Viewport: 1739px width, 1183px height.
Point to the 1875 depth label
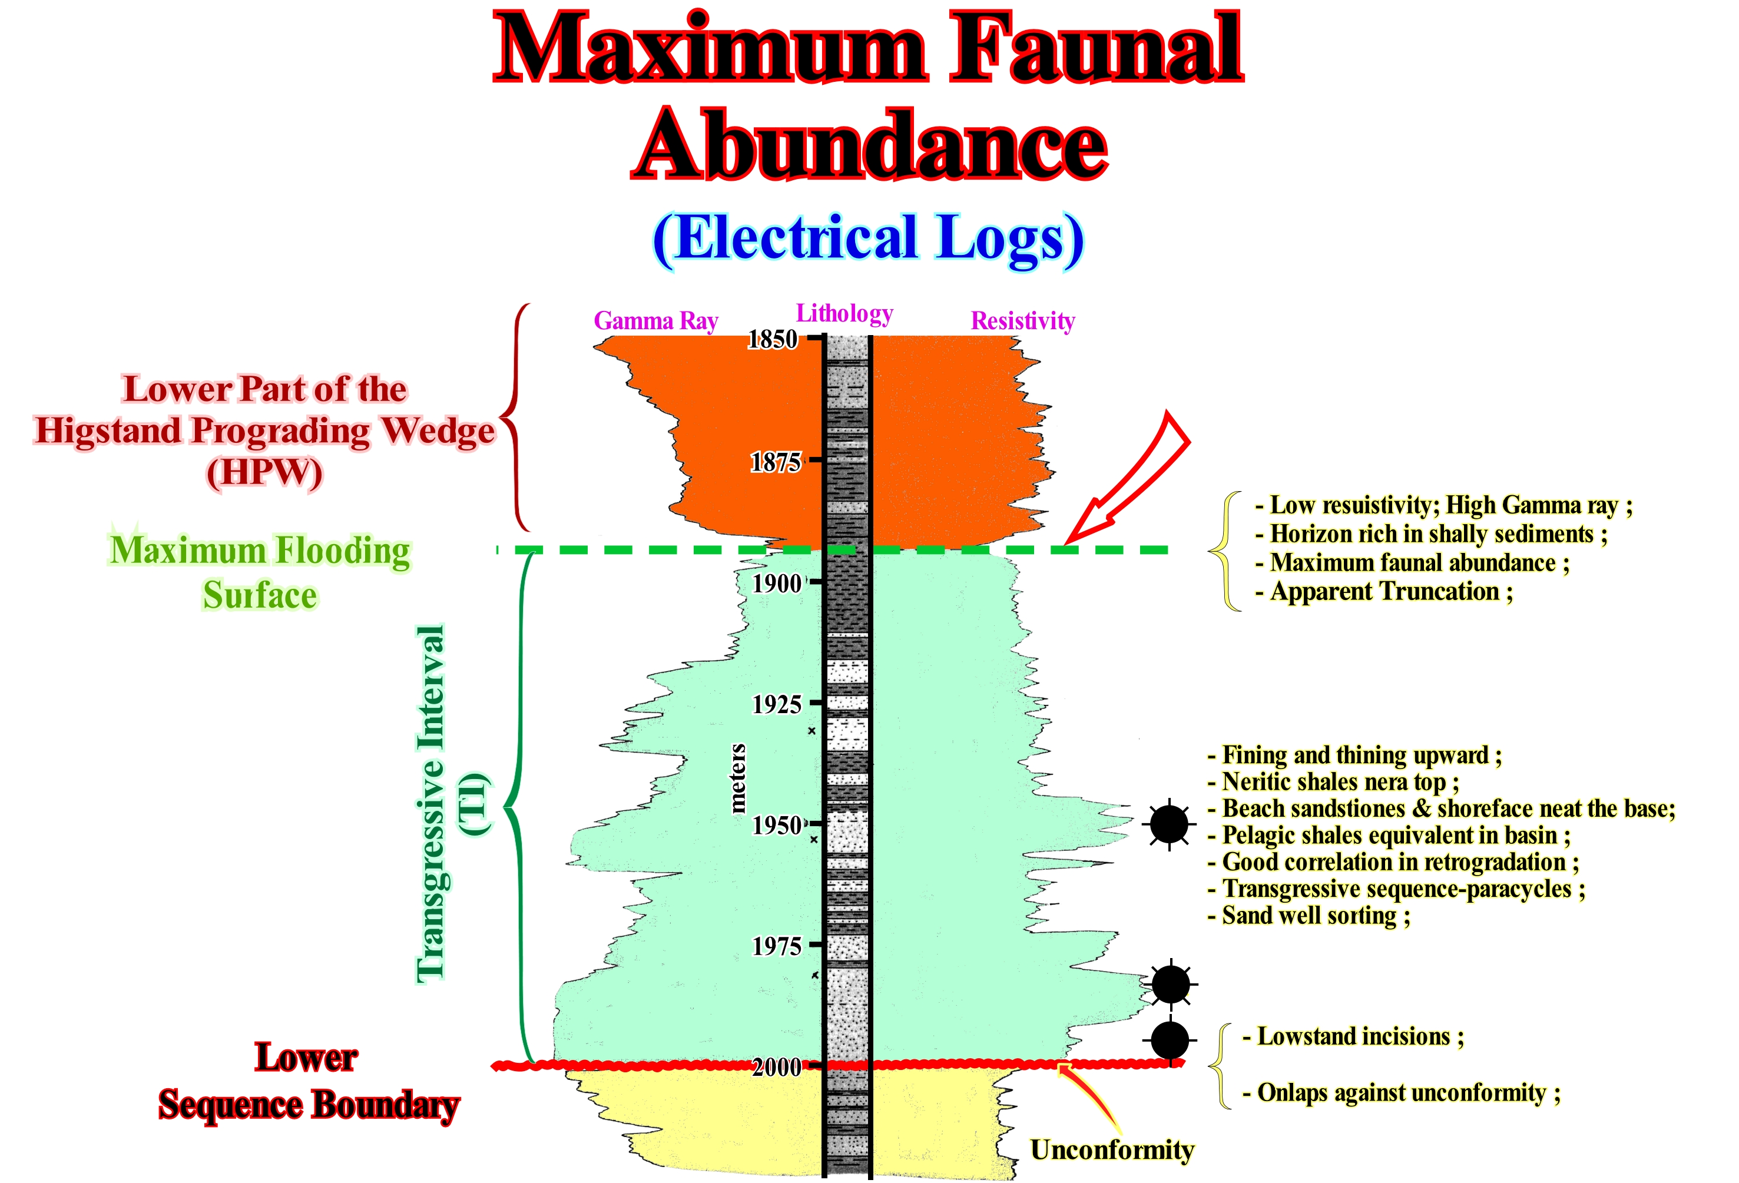pos(775,462)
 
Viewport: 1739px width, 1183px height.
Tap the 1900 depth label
pos(776,584)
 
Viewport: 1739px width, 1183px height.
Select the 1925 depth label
pos(776,705)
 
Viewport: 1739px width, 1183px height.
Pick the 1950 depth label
pos(776,826)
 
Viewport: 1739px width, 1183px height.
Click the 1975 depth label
pos(776,946)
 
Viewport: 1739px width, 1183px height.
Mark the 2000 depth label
pos(776,1067)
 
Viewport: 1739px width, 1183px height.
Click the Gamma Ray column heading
pos(655,321)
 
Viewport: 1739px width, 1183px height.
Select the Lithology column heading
pos(844,313)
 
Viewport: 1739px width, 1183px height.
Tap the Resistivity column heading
pos(1022,321)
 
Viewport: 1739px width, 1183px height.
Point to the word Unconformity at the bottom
pos(1111,1150)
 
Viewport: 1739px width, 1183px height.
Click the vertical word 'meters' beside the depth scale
pos(738,778)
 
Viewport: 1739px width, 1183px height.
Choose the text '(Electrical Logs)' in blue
pos(868,238)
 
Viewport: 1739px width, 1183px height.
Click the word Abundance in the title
pos(869,144)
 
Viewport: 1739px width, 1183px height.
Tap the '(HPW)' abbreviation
pos(264,473)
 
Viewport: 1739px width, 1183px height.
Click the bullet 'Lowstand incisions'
pos(1353,1037)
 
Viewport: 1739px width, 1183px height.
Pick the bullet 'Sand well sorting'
pos(1310,916)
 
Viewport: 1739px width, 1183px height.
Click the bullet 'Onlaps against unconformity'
pos(1401,1093)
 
